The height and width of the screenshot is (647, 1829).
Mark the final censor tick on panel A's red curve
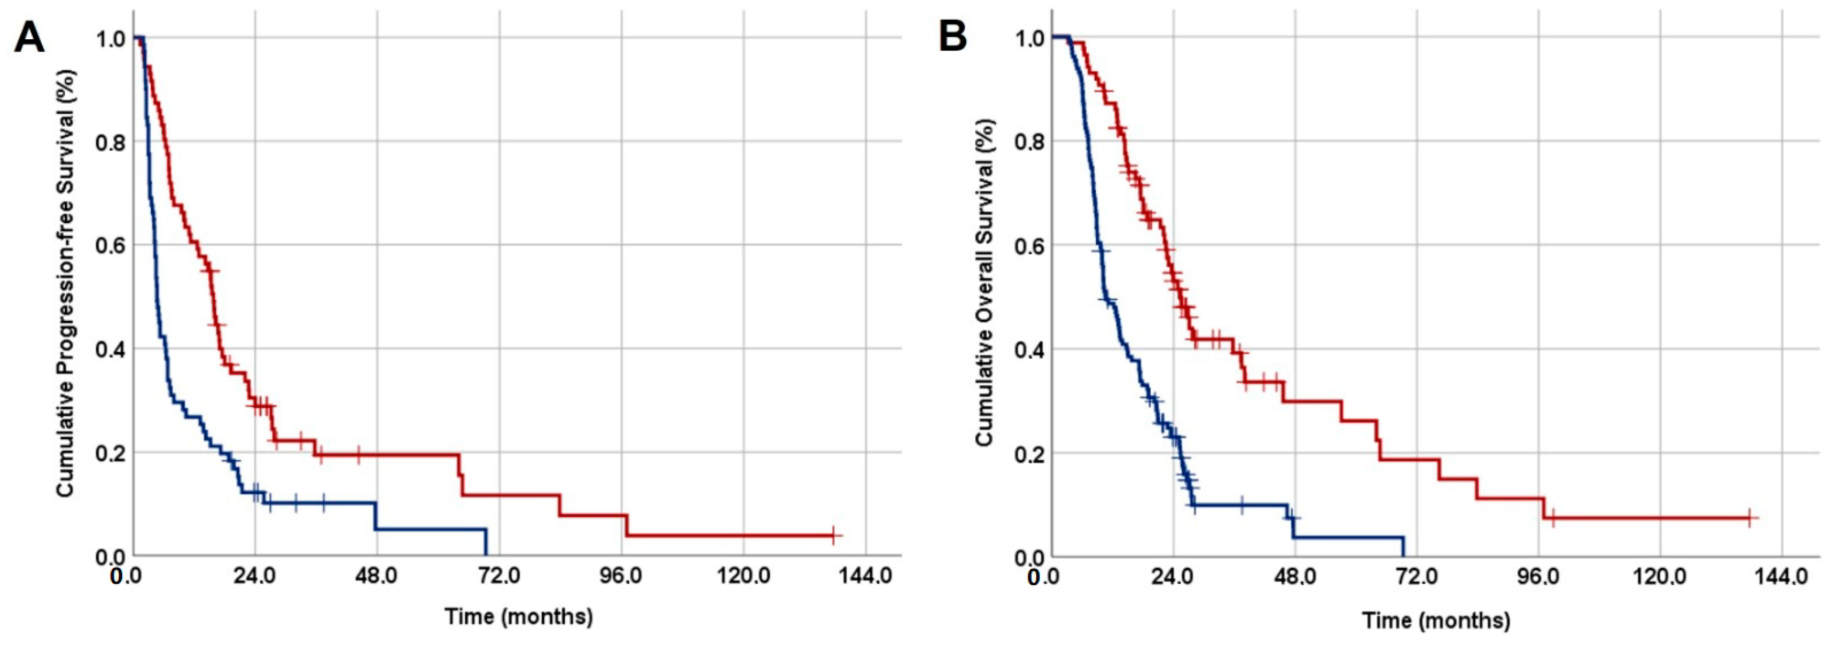pos(833,535)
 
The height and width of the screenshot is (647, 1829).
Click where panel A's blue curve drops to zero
pos(486,556)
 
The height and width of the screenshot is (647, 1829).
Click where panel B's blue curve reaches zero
pos(1403,556)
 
